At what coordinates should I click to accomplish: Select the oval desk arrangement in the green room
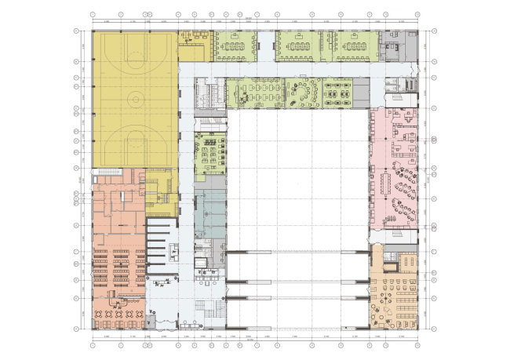pos(301,91)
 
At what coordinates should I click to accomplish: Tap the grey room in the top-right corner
pos(392,48)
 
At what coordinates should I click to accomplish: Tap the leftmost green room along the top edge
pos(233,47)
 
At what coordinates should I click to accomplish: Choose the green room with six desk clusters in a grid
pos(338,91)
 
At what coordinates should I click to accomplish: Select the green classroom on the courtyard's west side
pos(209,153)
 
